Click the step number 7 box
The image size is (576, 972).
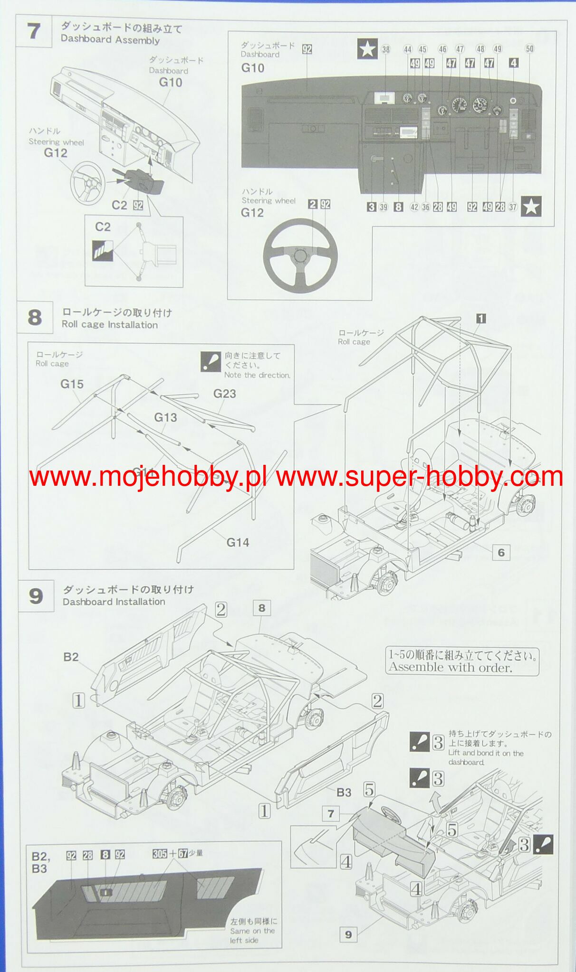tap(33, 31)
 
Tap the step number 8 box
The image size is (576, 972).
tap(34, 317)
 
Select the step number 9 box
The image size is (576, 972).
tap(36, 596)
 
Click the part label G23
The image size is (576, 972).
tap(224, 393)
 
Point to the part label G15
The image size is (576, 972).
tap(72, 384)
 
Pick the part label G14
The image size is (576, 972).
tap(238, 542)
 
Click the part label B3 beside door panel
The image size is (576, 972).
tap(344, 792)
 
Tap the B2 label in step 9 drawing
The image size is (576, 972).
tap(71, 657)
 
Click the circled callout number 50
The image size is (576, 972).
tap(529, 48)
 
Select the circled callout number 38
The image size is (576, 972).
tap(385, 49)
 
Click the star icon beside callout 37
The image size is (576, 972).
tap(531, 207)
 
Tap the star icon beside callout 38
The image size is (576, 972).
tap(367, 49)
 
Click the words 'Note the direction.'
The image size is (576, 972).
tap(257, 375)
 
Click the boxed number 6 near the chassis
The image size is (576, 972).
tap(501, 552)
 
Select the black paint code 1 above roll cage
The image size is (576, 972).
tap(481, 319)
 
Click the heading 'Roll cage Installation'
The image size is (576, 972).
tap(110, 325)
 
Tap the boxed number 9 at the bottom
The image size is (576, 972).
tap(348, 934)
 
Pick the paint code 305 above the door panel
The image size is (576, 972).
tap(160, 853)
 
